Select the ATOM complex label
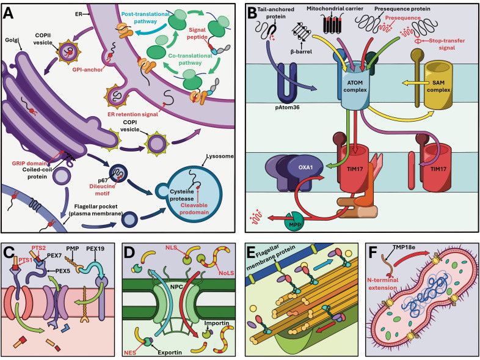(355, 86)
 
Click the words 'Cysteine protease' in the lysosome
(182, 195)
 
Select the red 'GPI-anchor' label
(87, 70)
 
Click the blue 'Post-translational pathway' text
(145, 18)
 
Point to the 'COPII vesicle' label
(43, 39)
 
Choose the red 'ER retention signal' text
(133, 114)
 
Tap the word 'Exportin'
(170, 352)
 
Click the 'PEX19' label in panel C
(96, 249)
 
